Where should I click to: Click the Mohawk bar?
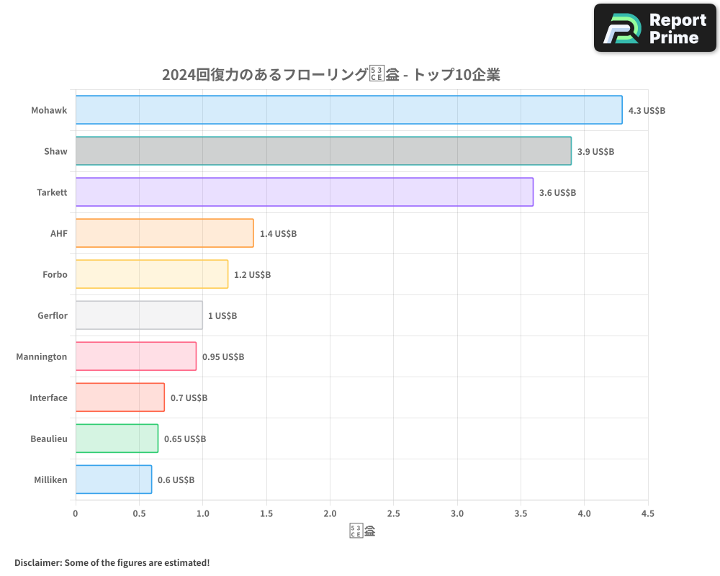tap(348, 110)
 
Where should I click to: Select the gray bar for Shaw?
tap(323, 151)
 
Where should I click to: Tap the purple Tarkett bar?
tap(304, 192)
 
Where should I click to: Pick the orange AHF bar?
tap(164, 233)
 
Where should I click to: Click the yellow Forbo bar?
tap(151, 274)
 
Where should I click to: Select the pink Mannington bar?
tap(135, 356)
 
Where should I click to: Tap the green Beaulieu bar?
tap(117, 438)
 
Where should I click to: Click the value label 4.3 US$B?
tap(647, 111)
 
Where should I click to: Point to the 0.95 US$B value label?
tap(222, 357)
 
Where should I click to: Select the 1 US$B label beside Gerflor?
tap(222, 316)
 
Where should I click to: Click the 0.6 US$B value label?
tap(176, 480)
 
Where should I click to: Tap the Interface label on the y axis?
tap(48, 398)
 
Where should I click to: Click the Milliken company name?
tap(50, 480)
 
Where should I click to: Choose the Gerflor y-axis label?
tap(53, 316)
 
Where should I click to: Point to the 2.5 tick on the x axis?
tap(394, 514)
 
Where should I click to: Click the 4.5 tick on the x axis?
tap(648, 514)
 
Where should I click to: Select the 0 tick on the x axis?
tap(76, 514)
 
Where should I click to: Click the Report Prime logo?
tap(654, 28)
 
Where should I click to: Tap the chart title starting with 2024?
tap(330, 75)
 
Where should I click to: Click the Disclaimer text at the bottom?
tap(112, 562)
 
